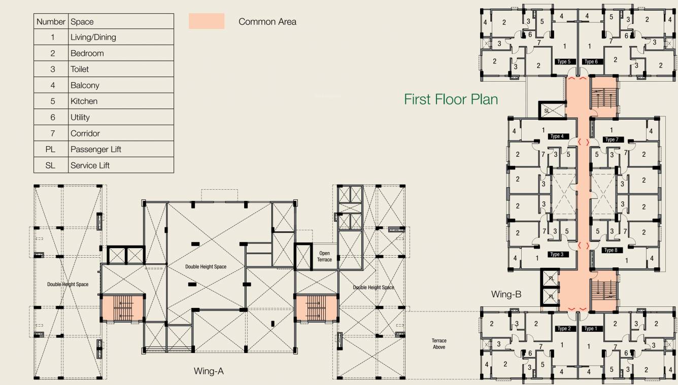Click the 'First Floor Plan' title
451,99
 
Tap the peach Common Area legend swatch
206,21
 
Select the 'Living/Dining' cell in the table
93,37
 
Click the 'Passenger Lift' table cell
96,149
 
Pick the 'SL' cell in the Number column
51,165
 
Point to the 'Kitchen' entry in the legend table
84,101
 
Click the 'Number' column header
51,22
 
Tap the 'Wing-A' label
209,371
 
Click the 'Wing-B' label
506,294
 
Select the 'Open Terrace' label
324,256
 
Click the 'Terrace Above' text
439,344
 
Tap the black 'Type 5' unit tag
564,62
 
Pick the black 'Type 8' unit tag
611,250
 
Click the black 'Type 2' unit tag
564,329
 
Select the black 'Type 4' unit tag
556,136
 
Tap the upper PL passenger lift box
550,278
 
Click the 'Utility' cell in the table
80,117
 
